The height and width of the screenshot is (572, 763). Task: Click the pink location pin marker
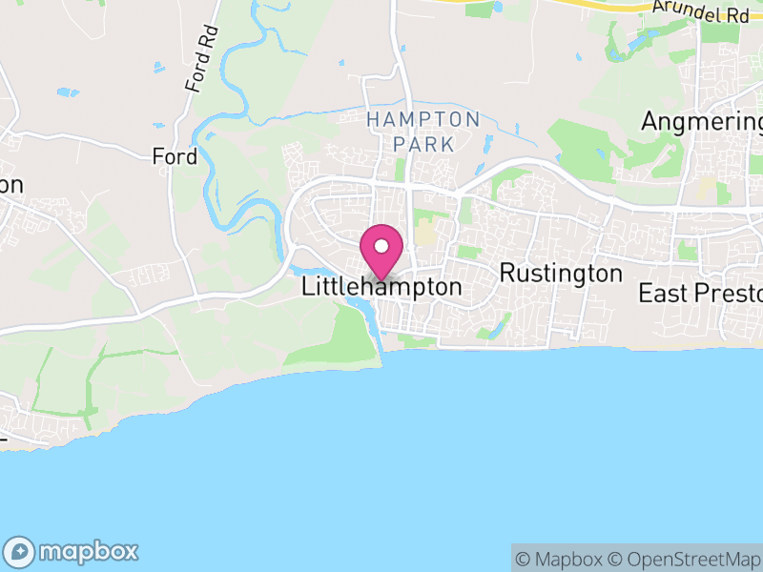(382, 251)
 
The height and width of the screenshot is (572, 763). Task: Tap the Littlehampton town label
(381, 286)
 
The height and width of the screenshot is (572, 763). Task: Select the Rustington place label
(561, 274)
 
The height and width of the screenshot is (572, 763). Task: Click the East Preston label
(701, 293)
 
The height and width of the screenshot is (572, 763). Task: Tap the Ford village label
(175, 156)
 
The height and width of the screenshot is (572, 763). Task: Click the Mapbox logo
(72, 551)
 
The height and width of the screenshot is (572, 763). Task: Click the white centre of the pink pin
(382, 245)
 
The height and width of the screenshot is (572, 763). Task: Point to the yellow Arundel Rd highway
(610, 7)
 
